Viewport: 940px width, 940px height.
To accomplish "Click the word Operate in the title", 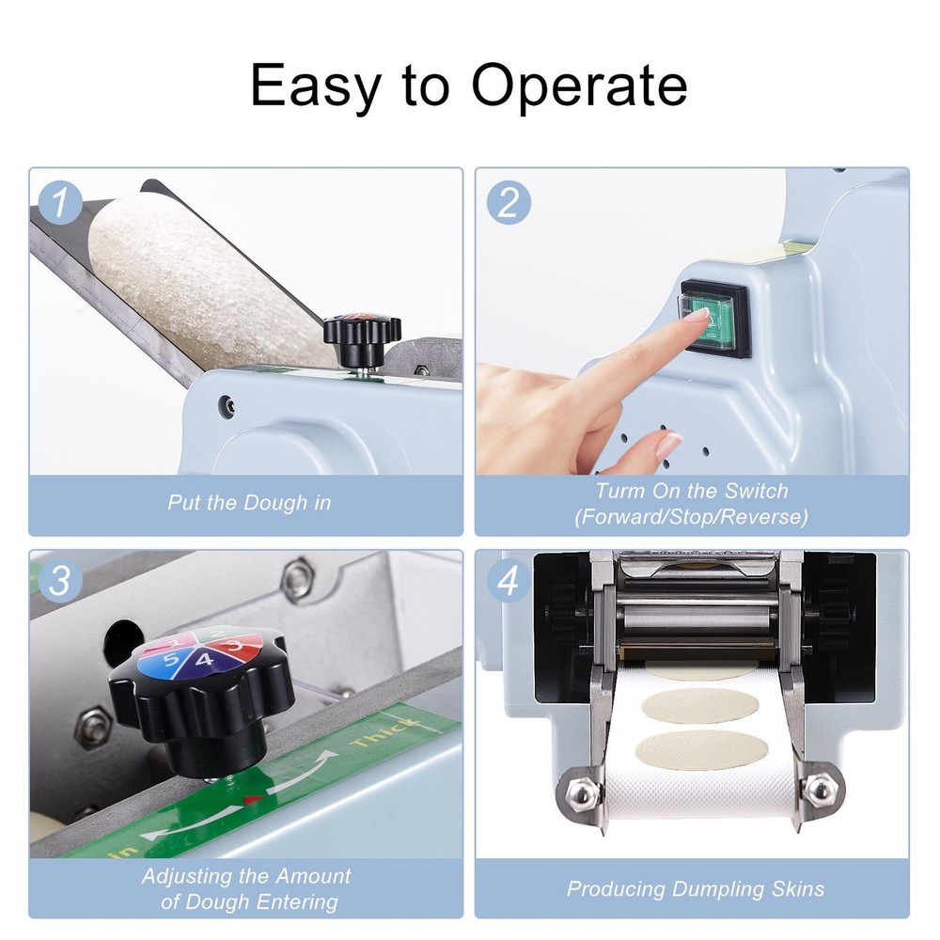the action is point(579,86).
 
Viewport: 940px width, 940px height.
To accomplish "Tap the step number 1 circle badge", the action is point(60,202).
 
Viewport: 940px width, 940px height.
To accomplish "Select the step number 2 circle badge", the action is point(509,202).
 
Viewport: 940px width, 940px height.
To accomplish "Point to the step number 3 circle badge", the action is point(60,580).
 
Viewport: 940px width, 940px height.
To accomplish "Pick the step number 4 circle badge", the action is point(509,580).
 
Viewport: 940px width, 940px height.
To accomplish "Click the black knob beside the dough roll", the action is point(362,338).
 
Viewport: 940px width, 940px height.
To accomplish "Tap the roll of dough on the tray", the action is point(204,282).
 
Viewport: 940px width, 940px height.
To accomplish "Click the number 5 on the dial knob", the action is point(171,660).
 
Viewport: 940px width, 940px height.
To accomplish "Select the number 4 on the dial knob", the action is point(204,661).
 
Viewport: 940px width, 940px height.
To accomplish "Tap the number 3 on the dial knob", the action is point(234,645).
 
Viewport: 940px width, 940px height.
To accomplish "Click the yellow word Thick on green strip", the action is point(384,731).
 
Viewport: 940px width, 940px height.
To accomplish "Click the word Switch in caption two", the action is point(756,491).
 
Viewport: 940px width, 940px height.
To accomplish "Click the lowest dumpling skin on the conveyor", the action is point(701,749).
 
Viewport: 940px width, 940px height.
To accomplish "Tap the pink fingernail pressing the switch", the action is point(697,314).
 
